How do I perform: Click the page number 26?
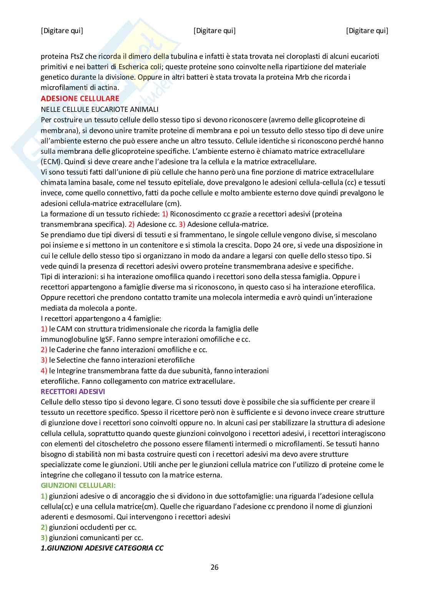click(214, 567)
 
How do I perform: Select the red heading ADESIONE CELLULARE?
click(80, 98)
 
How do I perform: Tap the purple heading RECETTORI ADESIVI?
click(73, 392)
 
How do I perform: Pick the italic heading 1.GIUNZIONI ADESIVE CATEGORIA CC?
click(102, 548)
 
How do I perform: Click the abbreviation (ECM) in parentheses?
click(50, 161)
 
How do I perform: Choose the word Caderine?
click(71, 350)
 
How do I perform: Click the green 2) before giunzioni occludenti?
click(44, 527)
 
